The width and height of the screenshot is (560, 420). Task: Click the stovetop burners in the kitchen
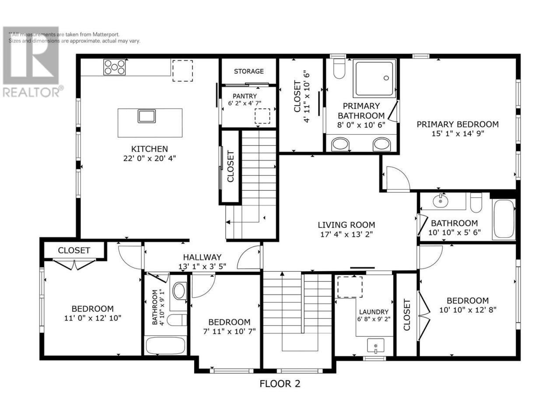click(114, 67)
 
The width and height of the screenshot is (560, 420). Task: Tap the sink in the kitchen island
click(147, 116)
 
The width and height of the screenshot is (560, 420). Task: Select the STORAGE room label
click(248, 71)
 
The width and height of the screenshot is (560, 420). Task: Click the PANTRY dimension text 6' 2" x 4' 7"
click(245, 103)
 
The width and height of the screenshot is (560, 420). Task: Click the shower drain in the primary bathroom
click(386, 78)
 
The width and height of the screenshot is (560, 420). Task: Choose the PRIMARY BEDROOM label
click(458, 124)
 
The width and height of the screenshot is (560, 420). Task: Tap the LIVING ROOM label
click(346, 225)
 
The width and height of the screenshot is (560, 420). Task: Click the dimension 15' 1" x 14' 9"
click(458, 133)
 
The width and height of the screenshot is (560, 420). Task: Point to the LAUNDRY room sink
click(375, 346)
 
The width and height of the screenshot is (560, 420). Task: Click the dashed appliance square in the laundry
click(350, 287)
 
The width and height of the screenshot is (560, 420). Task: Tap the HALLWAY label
click(202, 257)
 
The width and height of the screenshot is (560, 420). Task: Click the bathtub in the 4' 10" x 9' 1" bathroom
click(165, 345)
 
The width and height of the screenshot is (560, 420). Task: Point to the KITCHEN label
click(150, 149)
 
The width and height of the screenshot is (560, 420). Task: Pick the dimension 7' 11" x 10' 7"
click(229, 332)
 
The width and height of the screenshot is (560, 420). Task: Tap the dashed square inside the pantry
click(262, 116)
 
